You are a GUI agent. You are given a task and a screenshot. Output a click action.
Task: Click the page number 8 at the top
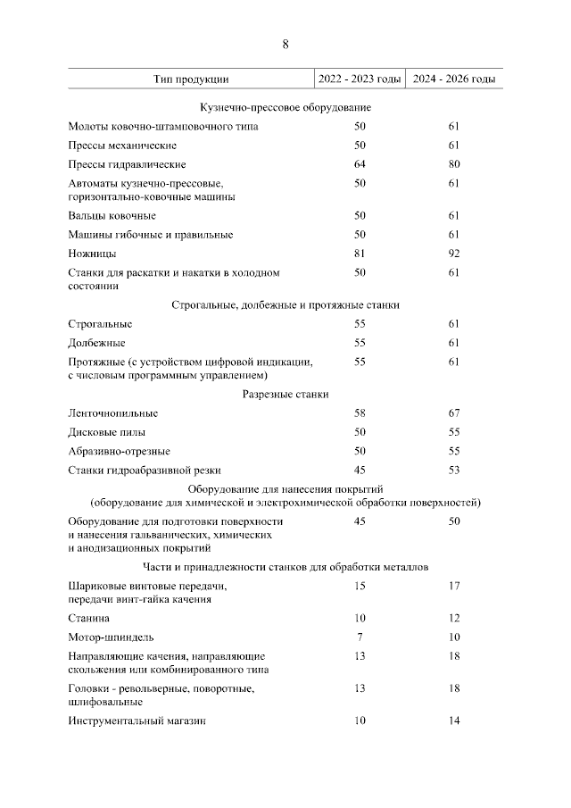pos(285,44)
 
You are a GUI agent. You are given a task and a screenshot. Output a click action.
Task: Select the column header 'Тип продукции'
pos(191,79)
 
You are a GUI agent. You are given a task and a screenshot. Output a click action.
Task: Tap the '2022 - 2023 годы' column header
pos(360,79)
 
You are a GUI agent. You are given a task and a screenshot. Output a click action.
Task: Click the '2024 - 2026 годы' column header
pos(453,79)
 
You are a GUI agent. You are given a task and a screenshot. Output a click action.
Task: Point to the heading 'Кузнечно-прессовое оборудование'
pos(285,107)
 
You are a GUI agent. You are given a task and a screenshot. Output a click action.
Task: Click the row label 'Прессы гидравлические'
pos(127,164)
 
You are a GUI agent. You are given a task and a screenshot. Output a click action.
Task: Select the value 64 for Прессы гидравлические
pos(360,164)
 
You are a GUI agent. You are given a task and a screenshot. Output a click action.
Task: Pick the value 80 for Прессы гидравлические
pos(453,164)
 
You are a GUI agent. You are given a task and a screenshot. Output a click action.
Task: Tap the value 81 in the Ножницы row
pos(360,254)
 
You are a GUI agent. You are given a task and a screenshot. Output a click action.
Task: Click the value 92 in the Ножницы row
pos(453,254)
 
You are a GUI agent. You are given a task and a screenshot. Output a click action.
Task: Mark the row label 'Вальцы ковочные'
pos(112,215)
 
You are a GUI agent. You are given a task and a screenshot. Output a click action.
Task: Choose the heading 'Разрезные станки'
pos(285,395)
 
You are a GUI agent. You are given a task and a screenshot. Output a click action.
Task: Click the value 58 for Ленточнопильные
pos(360,413)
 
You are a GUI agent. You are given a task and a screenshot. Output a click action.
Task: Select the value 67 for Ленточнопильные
pos(453,413)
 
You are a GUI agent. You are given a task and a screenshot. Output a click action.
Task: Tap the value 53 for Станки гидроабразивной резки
pos(453,470)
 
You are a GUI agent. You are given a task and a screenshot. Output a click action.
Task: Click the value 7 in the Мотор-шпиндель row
pos(360,637)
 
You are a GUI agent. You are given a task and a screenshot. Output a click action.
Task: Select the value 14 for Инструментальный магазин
pos(453,721)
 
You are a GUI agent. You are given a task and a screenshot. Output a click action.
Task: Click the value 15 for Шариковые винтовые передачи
pos(360,586)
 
